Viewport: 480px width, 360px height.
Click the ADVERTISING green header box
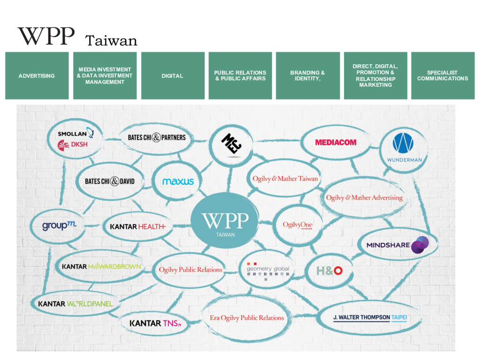[37, 75]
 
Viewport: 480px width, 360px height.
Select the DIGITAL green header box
[172, 75]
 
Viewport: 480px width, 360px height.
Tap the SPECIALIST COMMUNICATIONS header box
[442, 75]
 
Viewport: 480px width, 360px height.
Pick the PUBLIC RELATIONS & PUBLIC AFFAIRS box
[240, 75]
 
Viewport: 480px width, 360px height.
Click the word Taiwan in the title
[112, 41]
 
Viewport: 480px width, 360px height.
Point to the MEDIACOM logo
[336, 142]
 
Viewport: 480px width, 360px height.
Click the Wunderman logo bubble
[404, 147]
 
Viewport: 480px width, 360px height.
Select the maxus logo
[178, 181]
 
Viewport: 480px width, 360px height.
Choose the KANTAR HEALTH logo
[137, 226]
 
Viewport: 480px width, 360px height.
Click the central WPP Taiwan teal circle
[225, 223]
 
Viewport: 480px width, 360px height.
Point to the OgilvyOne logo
[297, 225]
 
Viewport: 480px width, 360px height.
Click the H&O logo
[329, 270]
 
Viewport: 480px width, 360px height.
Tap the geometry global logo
[268, 270]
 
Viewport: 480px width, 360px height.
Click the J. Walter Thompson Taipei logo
[370, 317]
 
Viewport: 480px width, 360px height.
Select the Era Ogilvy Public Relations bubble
[247, 318]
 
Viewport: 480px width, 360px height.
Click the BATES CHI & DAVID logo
[109, 181]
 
